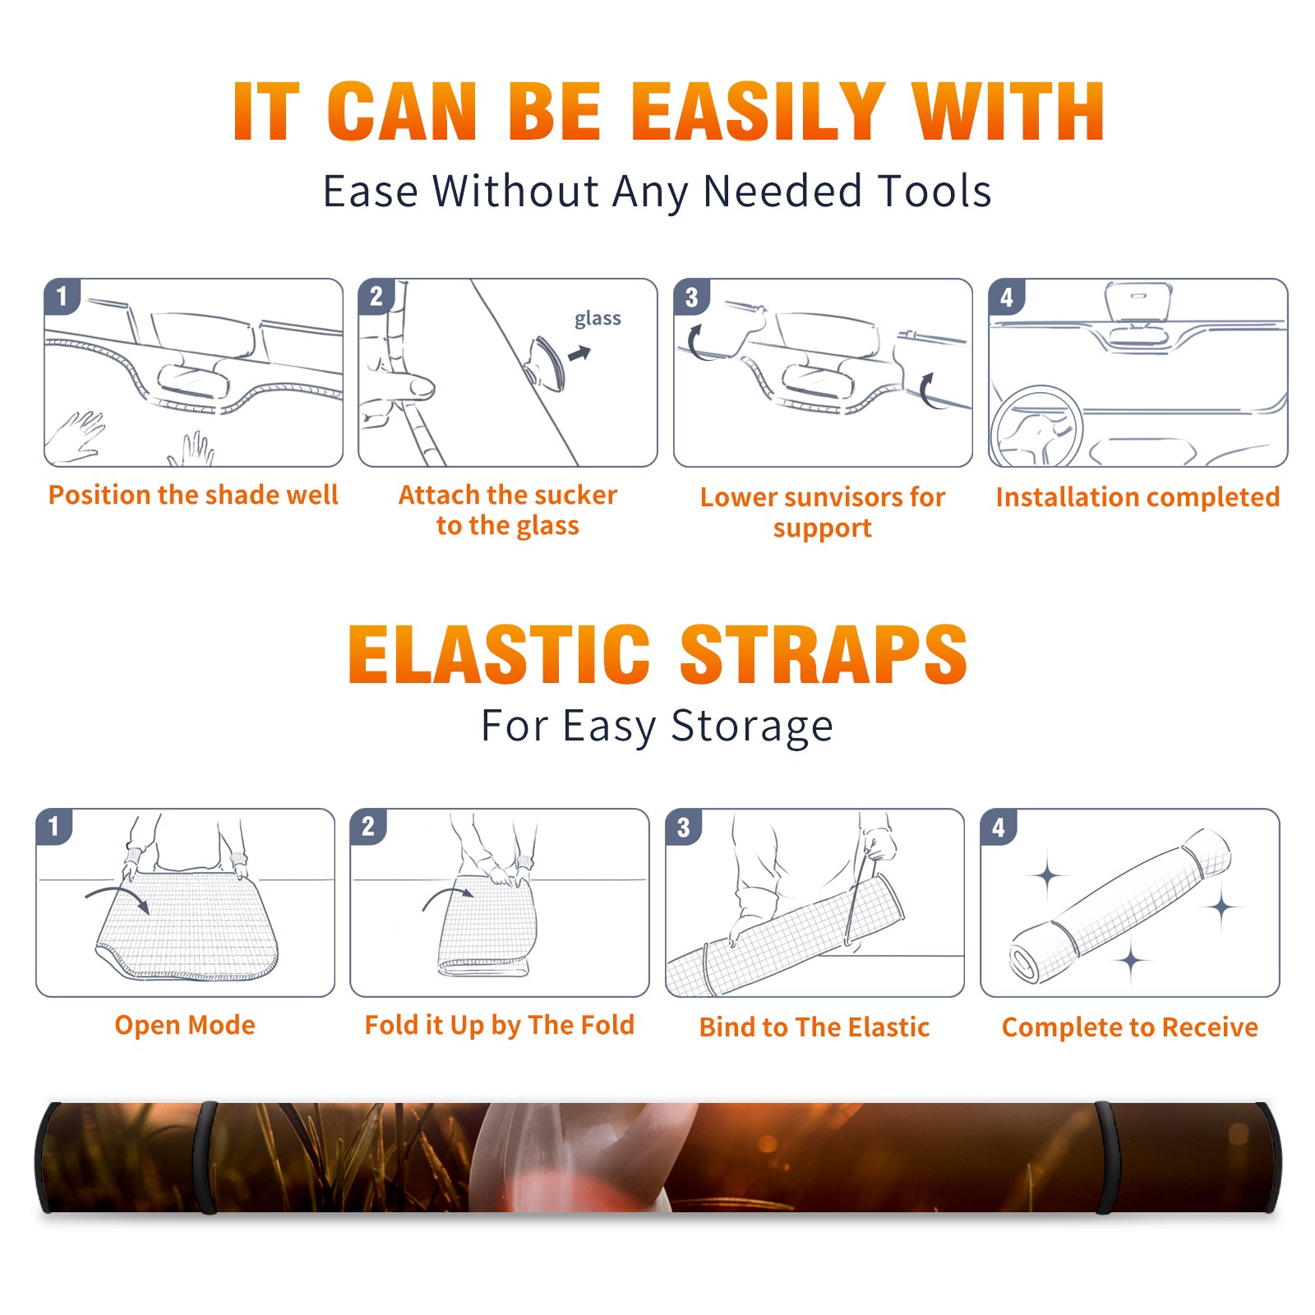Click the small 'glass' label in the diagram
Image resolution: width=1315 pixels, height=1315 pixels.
pyautogui.click(x=598, y=319)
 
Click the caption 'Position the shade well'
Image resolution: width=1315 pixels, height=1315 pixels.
pyautogui.click(x=193, y=495)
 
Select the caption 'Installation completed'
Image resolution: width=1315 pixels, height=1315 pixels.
pyautogui.click(x=1137, y=496)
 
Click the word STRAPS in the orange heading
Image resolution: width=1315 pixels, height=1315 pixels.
pyautogui.click(x=824, y=654)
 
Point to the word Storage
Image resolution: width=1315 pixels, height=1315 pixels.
pyautogui.click(x=752, y=727)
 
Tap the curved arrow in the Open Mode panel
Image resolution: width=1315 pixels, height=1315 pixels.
pyautogui.click(x=118, y=897)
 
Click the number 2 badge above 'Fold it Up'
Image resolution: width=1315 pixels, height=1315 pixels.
pyautogui.click(x=368, y=826)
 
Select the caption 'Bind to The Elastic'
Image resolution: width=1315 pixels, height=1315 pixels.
pyautogui.click(x=814, y=1027)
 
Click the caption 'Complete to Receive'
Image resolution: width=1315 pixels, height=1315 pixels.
pyautogui.click(x=1129, y=1027)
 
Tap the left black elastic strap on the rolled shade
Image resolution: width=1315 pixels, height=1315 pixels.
pyautogui.click(x=206, y=1157)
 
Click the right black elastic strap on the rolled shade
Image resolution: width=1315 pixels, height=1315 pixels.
pyautogui.click(x=1106, y=1157)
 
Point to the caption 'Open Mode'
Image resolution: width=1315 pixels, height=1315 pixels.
pyautogui.click(x=185, y=1025)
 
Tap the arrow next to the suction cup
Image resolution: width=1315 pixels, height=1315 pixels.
pyautogui.click(x=580, y=353)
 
